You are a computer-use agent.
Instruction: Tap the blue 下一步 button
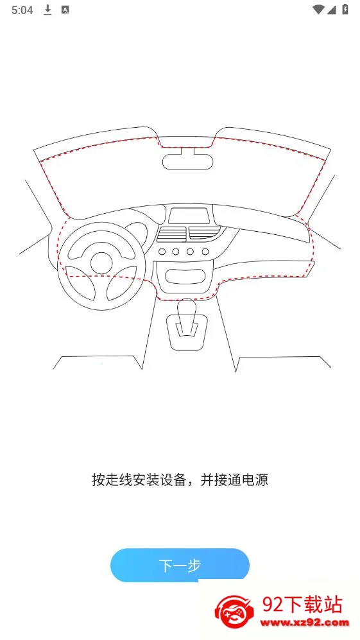180,565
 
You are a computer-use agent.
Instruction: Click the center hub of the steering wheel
101,263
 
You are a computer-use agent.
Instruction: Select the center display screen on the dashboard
188,216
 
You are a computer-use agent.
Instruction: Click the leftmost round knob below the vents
162,252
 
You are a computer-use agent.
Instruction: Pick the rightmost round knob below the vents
205,252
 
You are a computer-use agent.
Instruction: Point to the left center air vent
172,234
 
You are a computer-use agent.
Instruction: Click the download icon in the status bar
47,10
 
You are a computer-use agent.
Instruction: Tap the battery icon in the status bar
345,10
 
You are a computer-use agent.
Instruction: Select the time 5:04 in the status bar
22,10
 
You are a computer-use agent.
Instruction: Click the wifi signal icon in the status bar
318,10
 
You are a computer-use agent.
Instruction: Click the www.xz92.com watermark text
305,623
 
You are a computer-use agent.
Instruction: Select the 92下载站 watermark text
302,605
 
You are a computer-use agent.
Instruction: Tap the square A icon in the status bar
65,10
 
